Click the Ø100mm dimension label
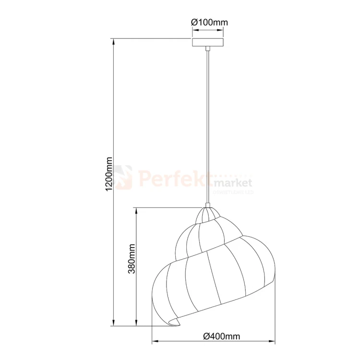pos(209,22)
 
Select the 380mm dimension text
pos(132,259)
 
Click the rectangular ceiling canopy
pos(208,42)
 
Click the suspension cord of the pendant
pos(207,125)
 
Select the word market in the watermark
pos(233,183)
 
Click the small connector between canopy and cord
pos(207,48)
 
